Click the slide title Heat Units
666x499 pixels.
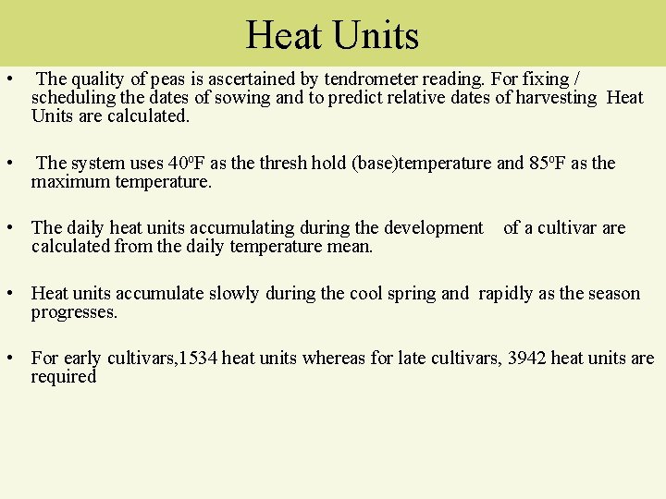pyautogui.click(x=332, y=36)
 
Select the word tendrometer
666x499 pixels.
pyautogui.click(x=370, y=79)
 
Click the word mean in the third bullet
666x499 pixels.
pyautogui.click(x=353, y=247)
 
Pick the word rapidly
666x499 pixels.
pyautogui.click(x=506, y=294)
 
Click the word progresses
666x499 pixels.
pyautogui.click(x=74, y=312)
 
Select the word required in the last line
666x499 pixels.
pyautogui.click(x=63, y=377)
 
